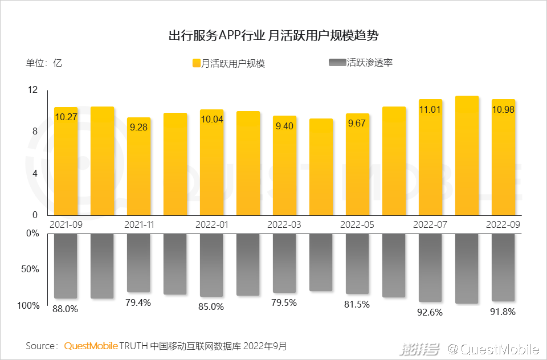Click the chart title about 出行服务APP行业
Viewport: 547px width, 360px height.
tap(273, 35)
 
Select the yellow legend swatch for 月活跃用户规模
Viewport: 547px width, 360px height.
tap(196, 63)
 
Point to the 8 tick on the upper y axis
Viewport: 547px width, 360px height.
tap(35, 132)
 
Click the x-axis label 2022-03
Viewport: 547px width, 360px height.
tap(284, 224)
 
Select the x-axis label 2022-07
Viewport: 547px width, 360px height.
tap(430, 224)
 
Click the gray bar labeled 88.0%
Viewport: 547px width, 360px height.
tap(66, 265)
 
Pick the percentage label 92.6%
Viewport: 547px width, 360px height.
tap(430, 312)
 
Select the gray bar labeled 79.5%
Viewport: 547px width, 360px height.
tap(284, 263)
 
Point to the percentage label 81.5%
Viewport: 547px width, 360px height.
tap(357, 304)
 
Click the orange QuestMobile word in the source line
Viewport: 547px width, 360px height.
tap(91, 346)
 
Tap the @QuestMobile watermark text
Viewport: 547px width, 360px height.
tap(493, 348)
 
